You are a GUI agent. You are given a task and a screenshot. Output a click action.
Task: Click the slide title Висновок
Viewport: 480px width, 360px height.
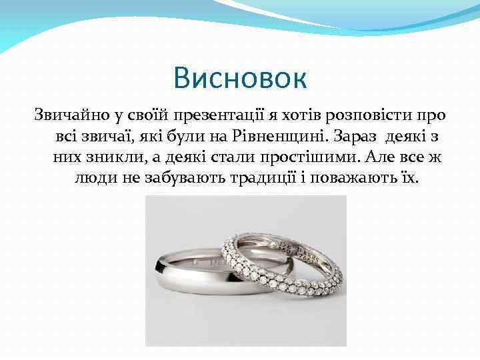click(x=240, y=78)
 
